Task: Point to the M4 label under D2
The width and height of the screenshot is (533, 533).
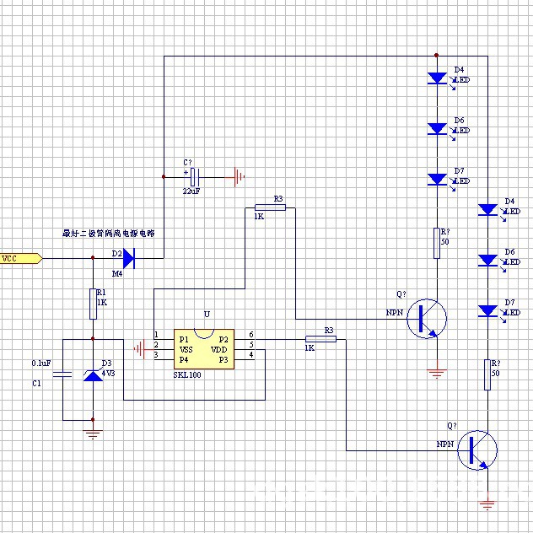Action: [117, 273]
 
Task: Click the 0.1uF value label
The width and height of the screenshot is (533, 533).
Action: [41, 363]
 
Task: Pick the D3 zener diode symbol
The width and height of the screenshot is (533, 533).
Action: [93, 373]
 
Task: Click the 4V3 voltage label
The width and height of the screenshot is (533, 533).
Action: [109, 371]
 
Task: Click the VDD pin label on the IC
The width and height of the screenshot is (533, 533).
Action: [218, 349]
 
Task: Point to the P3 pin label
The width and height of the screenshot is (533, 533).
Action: [223, 359]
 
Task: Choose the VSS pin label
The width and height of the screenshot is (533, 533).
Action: [186, 349]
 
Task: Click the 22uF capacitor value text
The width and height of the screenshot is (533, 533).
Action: [191, 191]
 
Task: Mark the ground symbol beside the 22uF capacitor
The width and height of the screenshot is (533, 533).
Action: [240, 177]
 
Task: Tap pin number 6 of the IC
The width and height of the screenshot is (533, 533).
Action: [251, 335]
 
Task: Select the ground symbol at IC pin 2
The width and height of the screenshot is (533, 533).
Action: [140, 346]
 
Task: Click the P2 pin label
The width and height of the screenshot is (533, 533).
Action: [223, 339]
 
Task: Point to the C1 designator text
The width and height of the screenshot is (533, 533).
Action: [36, 384]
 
